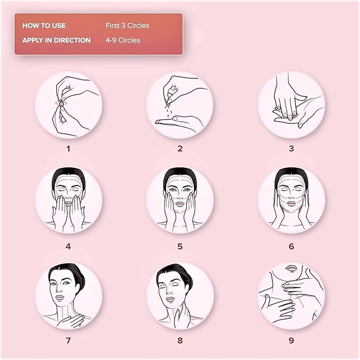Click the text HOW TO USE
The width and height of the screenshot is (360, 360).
coord(44,25)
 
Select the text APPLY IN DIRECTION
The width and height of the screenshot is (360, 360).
coord(57,40)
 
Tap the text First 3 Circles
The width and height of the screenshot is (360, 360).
coord(127,25)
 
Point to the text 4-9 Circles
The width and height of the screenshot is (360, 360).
coord(123,40)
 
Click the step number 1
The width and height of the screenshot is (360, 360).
coord(68,149)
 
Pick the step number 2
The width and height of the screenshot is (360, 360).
coord(180,149)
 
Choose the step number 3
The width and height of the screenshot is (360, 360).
coord(292,149)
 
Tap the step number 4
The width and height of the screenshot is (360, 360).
coord(68,247)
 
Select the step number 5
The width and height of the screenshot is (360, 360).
coord(180,247)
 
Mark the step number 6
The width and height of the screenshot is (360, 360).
coord(292,247)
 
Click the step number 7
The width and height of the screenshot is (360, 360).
coord(68,340)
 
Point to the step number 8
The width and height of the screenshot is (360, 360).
coord(180,340)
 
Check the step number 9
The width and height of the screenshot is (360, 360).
coord(292,340)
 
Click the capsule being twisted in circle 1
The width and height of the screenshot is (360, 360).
coord(62,104)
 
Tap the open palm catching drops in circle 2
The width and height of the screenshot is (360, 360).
coord(179,124)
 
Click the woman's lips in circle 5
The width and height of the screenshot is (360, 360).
coord(180,204)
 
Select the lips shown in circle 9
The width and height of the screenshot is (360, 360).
coord(291,269)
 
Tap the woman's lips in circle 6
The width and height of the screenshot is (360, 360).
coord(291,204)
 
